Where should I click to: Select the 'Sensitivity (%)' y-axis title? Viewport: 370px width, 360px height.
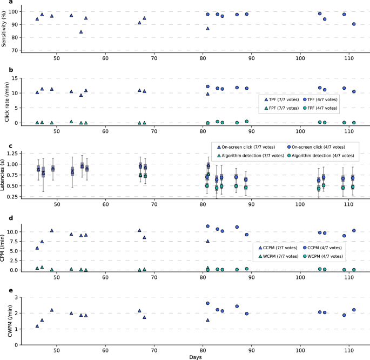5,30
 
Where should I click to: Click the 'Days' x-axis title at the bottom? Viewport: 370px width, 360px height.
197,356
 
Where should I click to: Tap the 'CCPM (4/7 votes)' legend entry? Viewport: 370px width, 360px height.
322,247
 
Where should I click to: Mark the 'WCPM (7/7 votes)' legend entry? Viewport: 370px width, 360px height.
280,256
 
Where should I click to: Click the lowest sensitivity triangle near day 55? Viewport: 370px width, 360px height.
81,32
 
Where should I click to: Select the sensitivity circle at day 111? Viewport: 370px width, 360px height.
354,24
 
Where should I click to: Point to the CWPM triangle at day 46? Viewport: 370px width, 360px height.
37,326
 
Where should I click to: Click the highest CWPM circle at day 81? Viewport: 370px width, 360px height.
207,303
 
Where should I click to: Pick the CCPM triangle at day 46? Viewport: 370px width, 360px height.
37,248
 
